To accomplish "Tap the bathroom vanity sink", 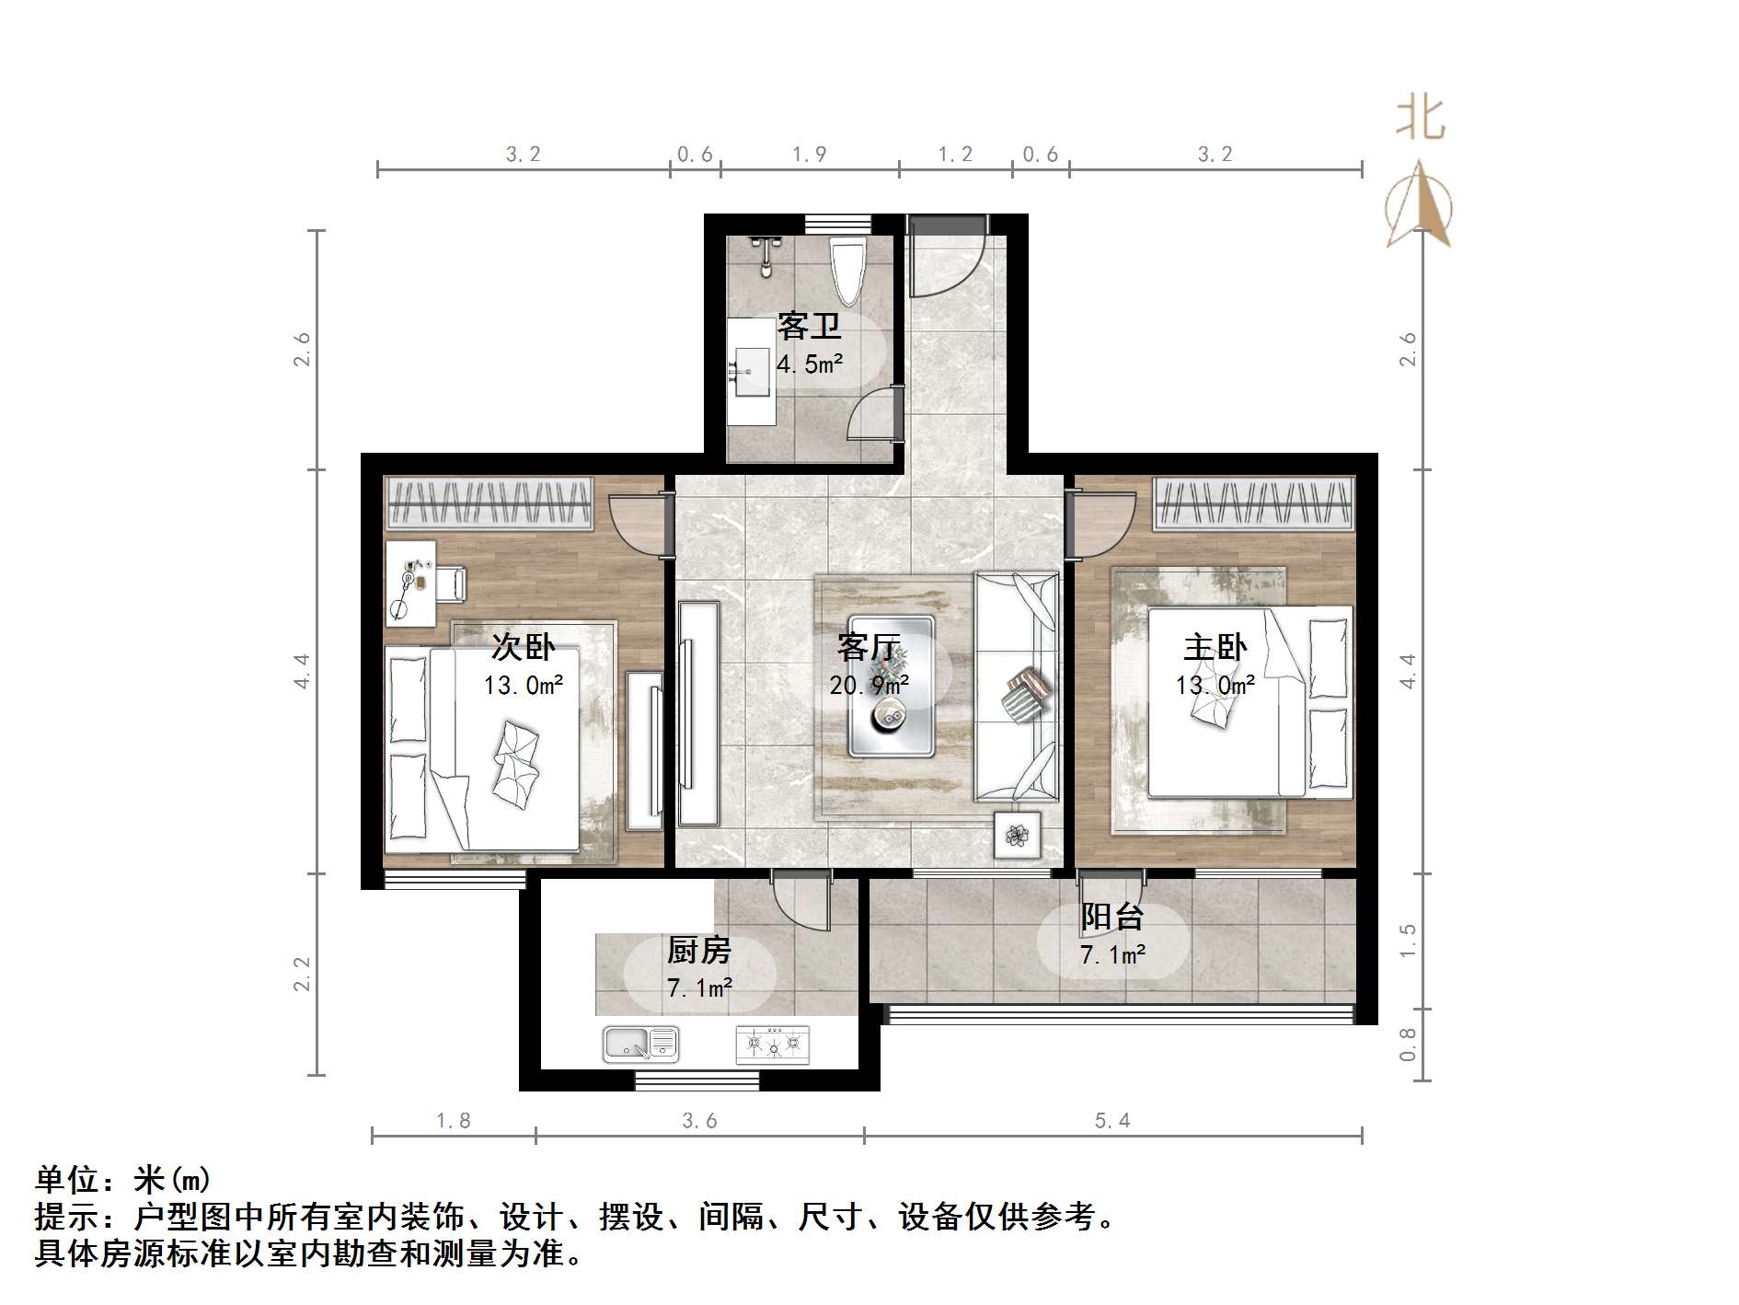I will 751,371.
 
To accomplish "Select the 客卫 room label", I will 809,326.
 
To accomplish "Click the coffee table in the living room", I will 891,686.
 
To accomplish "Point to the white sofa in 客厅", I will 1016,686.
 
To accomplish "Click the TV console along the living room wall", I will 698,713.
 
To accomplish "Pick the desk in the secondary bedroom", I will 410,583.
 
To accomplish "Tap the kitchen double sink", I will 640,1044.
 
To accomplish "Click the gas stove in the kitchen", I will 773,1045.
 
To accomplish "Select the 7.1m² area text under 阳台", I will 1112,955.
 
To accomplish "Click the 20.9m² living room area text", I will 869,685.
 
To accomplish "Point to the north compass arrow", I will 1419,206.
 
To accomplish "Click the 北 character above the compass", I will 1421,121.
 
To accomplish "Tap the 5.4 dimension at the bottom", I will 1111,1120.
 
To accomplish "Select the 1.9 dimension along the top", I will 809,154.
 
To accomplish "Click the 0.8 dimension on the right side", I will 1407,1044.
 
